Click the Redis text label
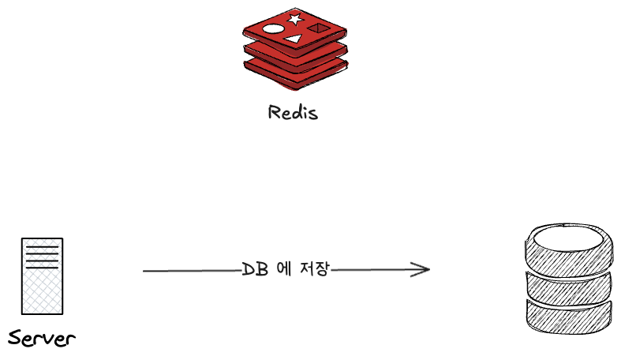[293, 112]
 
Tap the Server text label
[41, 339]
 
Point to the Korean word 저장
[312, 269]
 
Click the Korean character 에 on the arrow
[284, 269]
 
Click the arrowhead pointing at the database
[424, 270]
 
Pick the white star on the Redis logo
[294, 17]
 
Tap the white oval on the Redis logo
[273, 29]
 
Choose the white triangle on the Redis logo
[294, 38]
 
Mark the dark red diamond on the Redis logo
[317, 28]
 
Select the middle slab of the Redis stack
[294, 58]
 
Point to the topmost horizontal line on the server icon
[42, 246]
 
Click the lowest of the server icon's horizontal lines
[42, 268]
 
